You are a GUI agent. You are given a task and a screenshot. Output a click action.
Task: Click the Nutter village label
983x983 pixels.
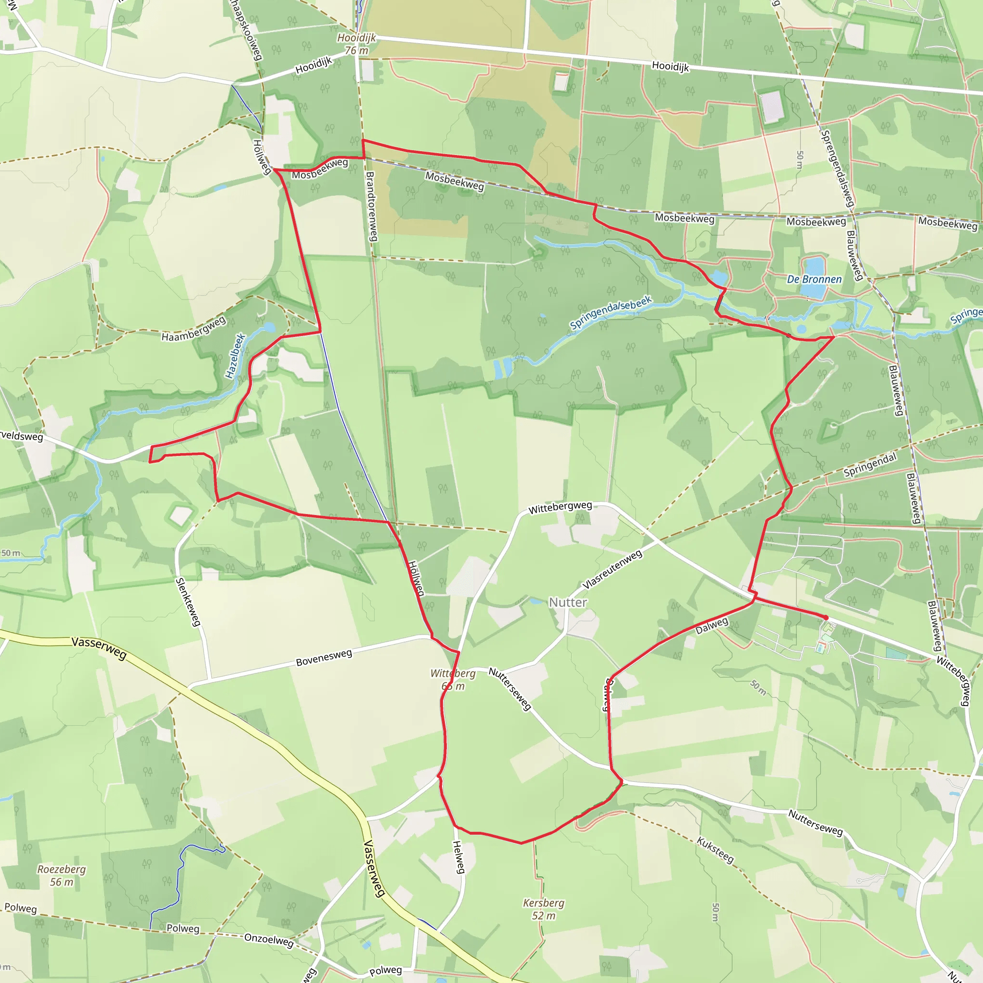tap(567, 602)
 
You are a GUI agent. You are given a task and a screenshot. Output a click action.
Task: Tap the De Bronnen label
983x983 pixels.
tap(814, 279)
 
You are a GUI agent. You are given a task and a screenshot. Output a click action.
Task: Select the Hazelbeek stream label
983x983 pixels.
tap(235, 356)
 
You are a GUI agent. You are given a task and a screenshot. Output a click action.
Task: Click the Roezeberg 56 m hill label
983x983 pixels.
tap(61, 875)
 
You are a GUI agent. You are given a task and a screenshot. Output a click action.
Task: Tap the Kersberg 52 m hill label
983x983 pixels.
tap(544, 909)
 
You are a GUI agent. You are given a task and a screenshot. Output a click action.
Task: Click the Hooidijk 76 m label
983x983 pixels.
tap(357, 44)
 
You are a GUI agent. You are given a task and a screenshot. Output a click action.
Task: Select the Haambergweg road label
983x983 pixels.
tap(193, 330)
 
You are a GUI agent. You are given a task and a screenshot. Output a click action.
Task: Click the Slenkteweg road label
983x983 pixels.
tap(188, 602)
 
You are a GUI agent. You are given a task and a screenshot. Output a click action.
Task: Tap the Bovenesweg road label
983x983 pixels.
tap(324, 658)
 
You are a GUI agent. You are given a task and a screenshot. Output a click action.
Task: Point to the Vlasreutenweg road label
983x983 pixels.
tap(612, 570)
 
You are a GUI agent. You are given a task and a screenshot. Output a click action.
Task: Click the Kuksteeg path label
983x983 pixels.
tap(715, 850)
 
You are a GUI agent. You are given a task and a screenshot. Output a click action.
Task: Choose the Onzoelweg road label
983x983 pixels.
tap(269, 940)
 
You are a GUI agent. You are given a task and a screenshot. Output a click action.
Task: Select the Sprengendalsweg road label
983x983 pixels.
tap(837, 168)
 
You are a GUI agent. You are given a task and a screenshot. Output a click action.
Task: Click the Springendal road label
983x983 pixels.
tap(870, 465)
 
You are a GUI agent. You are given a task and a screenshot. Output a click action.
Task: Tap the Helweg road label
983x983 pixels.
tap(459, 857)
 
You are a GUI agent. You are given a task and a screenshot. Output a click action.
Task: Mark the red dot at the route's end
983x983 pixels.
tap(825, 618)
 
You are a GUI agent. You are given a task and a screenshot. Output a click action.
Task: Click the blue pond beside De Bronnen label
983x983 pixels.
tap(813, 277)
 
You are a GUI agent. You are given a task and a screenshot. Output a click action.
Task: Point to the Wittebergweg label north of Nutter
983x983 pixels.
tap(560, 507)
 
